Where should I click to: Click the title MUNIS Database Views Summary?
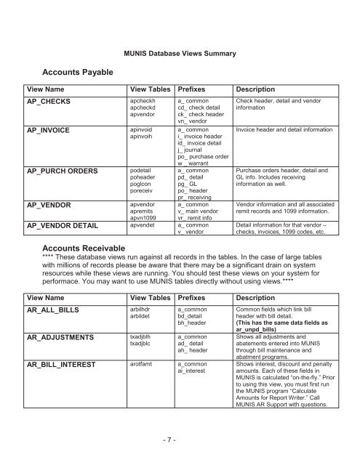coord(180,54)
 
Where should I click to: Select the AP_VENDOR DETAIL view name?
coord(63,226)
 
